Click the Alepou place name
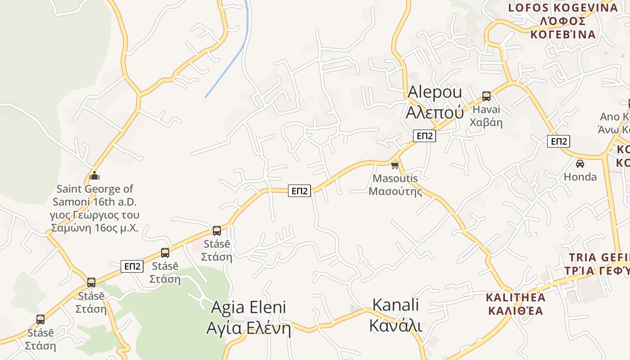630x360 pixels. (x=434, y=92)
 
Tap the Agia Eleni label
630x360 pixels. (x=248, y=308)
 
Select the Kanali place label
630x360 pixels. (x=396, y=305)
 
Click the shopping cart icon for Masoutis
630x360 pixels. (x=395, y=165)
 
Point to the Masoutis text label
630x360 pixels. (x=396, y=179)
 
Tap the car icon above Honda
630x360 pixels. (x=580, y=163)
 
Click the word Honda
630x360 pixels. (x=580, y=177)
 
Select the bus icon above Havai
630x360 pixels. (x=486, y=96)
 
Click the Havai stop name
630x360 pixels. (x=486, y=110)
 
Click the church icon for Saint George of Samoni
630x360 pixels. (x=94, y=175)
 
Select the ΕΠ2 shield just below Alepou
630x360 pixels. (x=424, y=135)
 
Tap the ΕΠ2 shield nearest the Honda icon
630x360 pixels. (x=558, y=141)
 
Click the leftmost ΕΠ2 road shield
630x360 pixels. (x=132, y=266)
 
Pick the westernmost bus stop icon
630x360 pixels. (x=40, y=319)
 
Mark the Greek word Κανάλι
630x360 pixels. (x=396, y=325)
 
